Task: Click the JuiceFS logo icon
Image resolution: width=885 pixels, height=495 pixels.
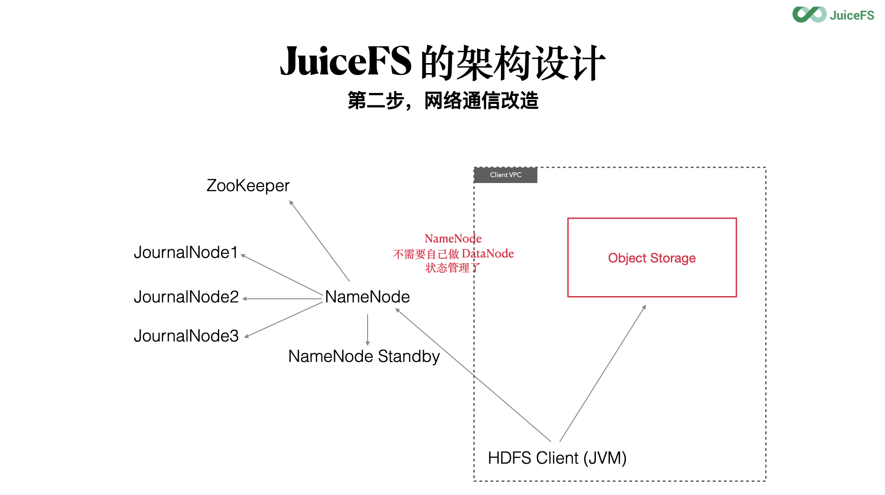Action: click(x=809, y=15)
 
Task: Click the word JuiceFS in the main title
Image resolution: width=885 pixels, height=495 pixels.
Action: click(x=345, y=62)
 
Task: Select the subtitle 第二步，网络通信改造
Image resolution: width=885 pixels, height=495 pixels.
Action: click(x=443, y=101)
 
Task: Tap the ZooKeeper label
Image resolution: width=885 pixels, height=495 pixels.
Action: click(x=248, y=186)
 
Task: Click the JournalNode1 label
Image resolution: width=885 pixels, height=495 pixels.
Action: click(x=186, y=252)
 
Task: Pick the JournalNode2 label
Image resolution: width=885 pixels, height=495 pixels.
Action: click(x=186, y=297)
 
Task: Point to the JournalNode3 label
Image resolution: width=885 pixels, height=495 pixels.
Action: click(x=186, y=336)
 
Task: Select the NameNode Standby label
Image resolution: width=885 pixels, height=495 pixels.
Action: click(x=364, y=356)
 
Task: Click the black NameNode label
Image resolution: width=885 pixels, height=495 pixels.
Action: click(x=367, y=297)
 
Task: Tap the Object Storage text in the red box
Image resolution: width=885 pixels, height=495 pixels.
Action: click(x=651, y=258)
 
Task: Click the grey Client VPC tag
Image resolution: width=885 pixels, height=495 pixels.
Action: click(x=506, y=175)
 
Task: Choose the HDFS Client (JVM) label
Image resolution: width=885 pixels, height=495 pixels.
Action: click(x=557, y=458)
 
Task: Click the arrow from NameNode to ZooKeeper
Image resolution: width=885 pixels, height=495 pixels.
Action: click(x=320, y=241)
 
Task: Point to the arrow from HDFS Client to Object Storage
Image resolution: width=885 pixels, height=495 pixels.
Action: click(x=603, y=373)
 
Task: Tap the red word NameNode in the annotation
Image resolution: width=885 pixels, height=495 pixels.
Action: click(x=452, y=238)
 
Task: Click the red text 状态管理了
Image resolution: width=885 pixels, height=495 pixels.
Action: click(x=452, y=268)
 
